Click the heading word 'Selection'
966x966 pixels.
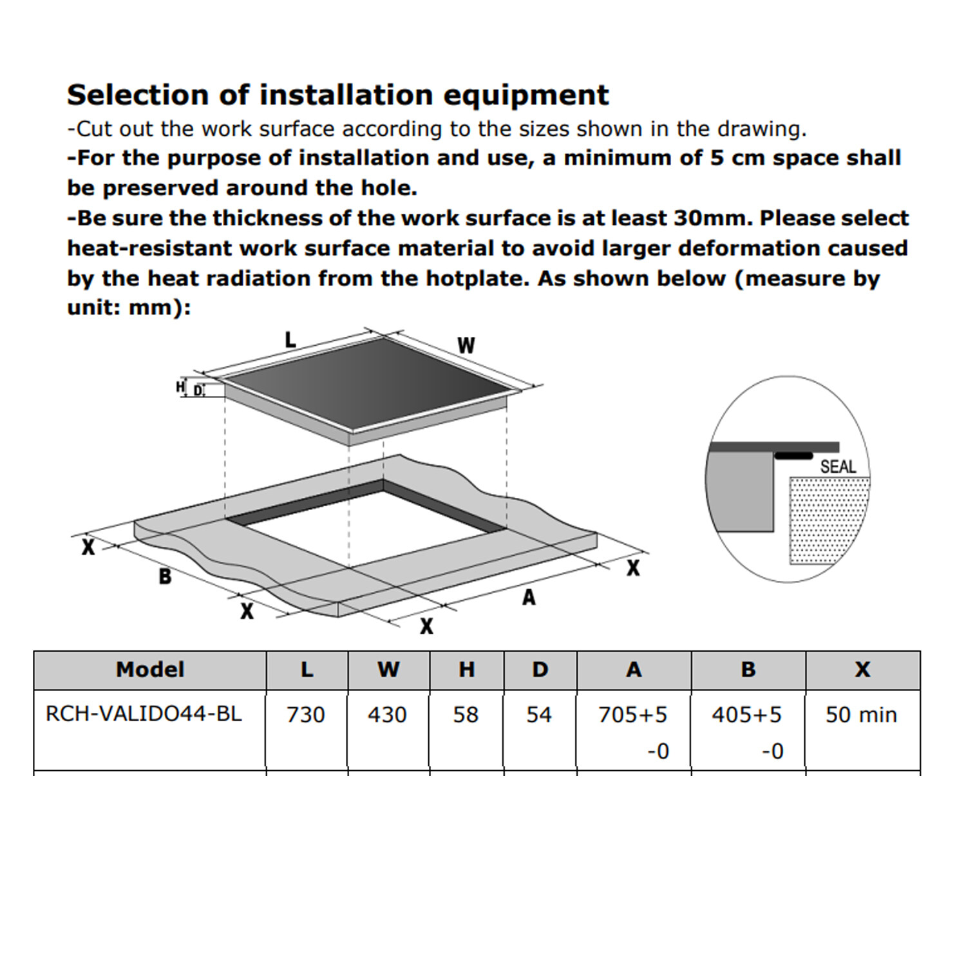(138, 95)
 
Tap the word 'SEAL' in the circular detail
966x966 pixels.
(838, 466)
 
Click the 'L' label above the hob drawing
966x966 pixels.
(290, 339)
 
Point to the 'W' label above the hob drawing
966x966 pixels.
(466, 345)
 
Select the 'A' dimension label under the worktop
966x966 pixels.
(529, 598)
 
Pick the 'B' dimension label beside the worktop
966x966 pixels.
(165, 576)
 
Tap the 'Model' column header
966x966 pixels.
(150, 670)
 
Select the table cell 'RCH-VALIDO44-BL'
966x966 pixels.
(144, 714)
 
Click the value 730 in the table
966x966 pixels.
(306, 715)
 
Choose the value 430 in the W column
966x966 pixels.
(387, 715)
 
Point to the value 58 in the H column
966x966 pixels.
(466, 715)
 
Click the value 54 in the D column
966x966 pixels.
(539, 715)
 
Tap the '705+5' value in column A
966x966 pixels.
(633, 715)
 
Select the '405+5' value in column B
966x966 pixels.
(747, 715)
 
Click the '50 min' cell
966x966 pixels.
(862, 715)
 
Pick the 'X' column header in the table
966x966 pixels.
(862, 670)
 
